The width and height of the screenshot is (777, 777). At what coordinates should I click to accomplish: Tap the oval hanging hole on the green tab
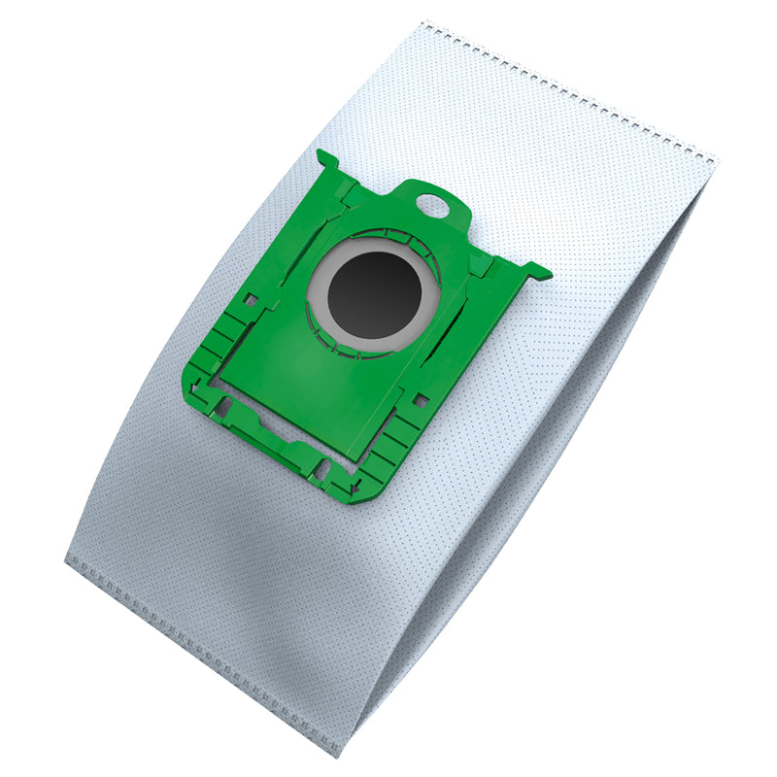click(x=427, y=205)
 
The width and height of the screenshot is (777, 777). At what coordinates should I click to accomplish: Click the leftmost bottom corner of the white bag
click(x=66, y=561)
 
